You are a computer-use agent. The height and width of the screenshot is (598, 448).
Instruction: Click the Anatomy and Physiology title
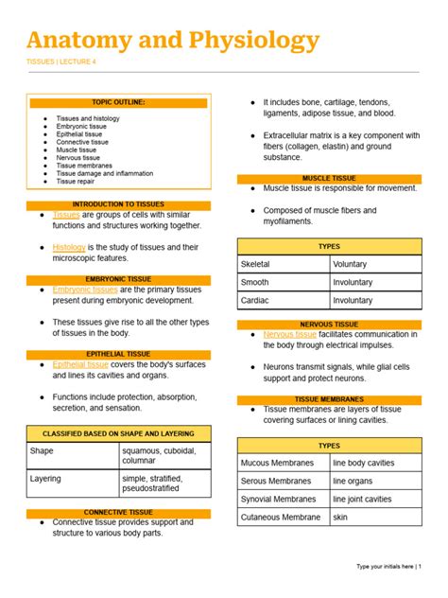click(x=173, y=41)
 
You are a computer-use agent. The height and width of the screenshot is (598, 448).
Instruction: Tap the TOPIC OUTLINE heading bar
click(x=118, y=102)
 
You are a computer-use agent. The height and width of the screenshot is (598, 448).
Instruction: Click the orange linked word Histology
click(x=69, y=247)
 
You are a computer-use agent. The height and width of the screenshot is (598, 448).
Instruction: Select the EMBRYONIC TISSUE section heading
click(x=118, y=279)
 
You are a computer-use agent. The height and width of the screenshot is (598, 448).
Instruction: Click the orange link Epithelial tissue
click(x=80, y=364)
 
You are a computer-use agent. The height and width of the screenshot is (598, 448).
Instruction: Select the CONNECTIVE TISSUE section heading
click(x=118, y=512)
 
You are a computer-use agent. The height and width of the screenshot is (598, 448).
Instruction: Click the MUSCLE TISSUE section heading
click(x=329, y=178)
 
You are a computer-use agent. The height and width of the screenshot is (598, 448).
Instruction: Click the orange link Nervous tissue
click(x=289, y=334)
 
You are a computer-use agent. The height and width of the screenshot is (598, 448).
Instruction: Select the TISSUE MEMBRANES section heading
click(x=329, y=399)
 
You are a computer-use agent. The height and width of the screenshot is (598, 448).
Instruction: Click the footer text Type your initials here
click(x=386, y=566)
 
